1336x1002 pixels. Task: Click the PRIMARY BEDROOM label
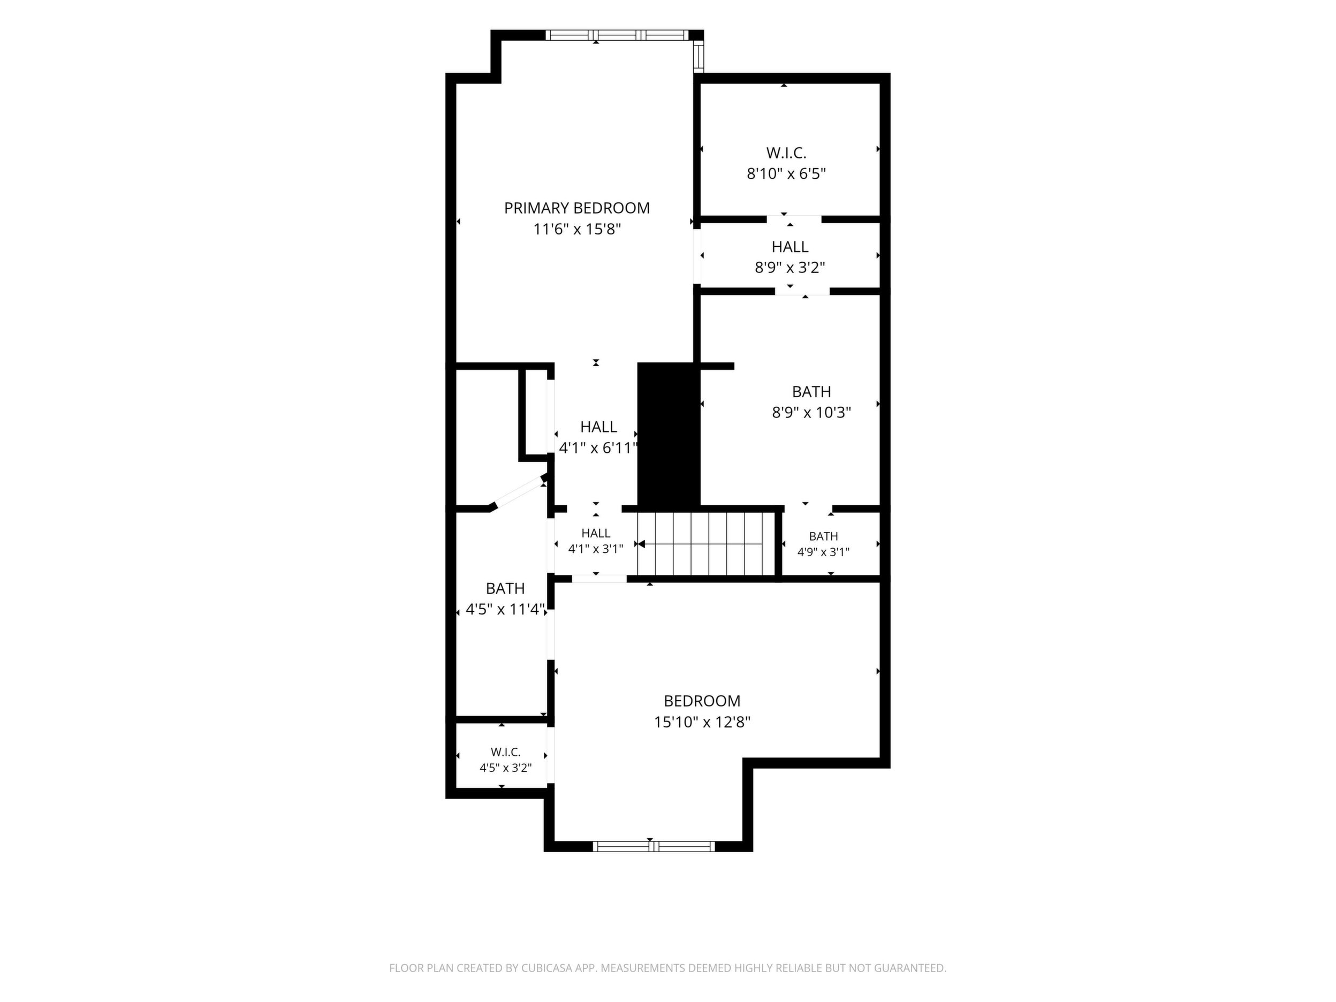pos(577,208)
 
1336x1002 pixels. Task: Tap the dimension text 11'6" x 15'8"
pos(578,230)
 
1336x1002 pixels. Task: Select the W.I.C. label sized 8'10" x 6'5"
pos(786,153)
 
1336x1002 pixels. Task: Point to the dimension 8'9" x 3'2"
pos(790,268)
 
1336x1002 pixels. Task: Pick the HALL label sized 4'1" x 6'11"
pos(598,427)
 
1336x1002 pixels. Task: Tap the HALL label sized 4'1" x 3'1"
pos(596,533)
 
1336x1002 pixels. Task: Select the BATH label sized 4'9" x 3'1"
pos(823,536)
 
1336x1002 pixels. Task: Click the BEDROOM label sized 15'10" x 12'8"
pos(702,701)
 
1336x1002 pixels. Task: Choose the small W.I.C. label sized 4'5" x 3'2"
pos(505,753)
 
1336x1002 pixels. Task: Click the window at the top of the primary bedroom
pos(617,35)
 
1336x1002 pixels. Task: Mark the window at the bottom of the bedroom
pos(654,847)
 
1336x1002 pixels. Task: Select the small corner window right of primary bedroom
pos(699,57)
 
